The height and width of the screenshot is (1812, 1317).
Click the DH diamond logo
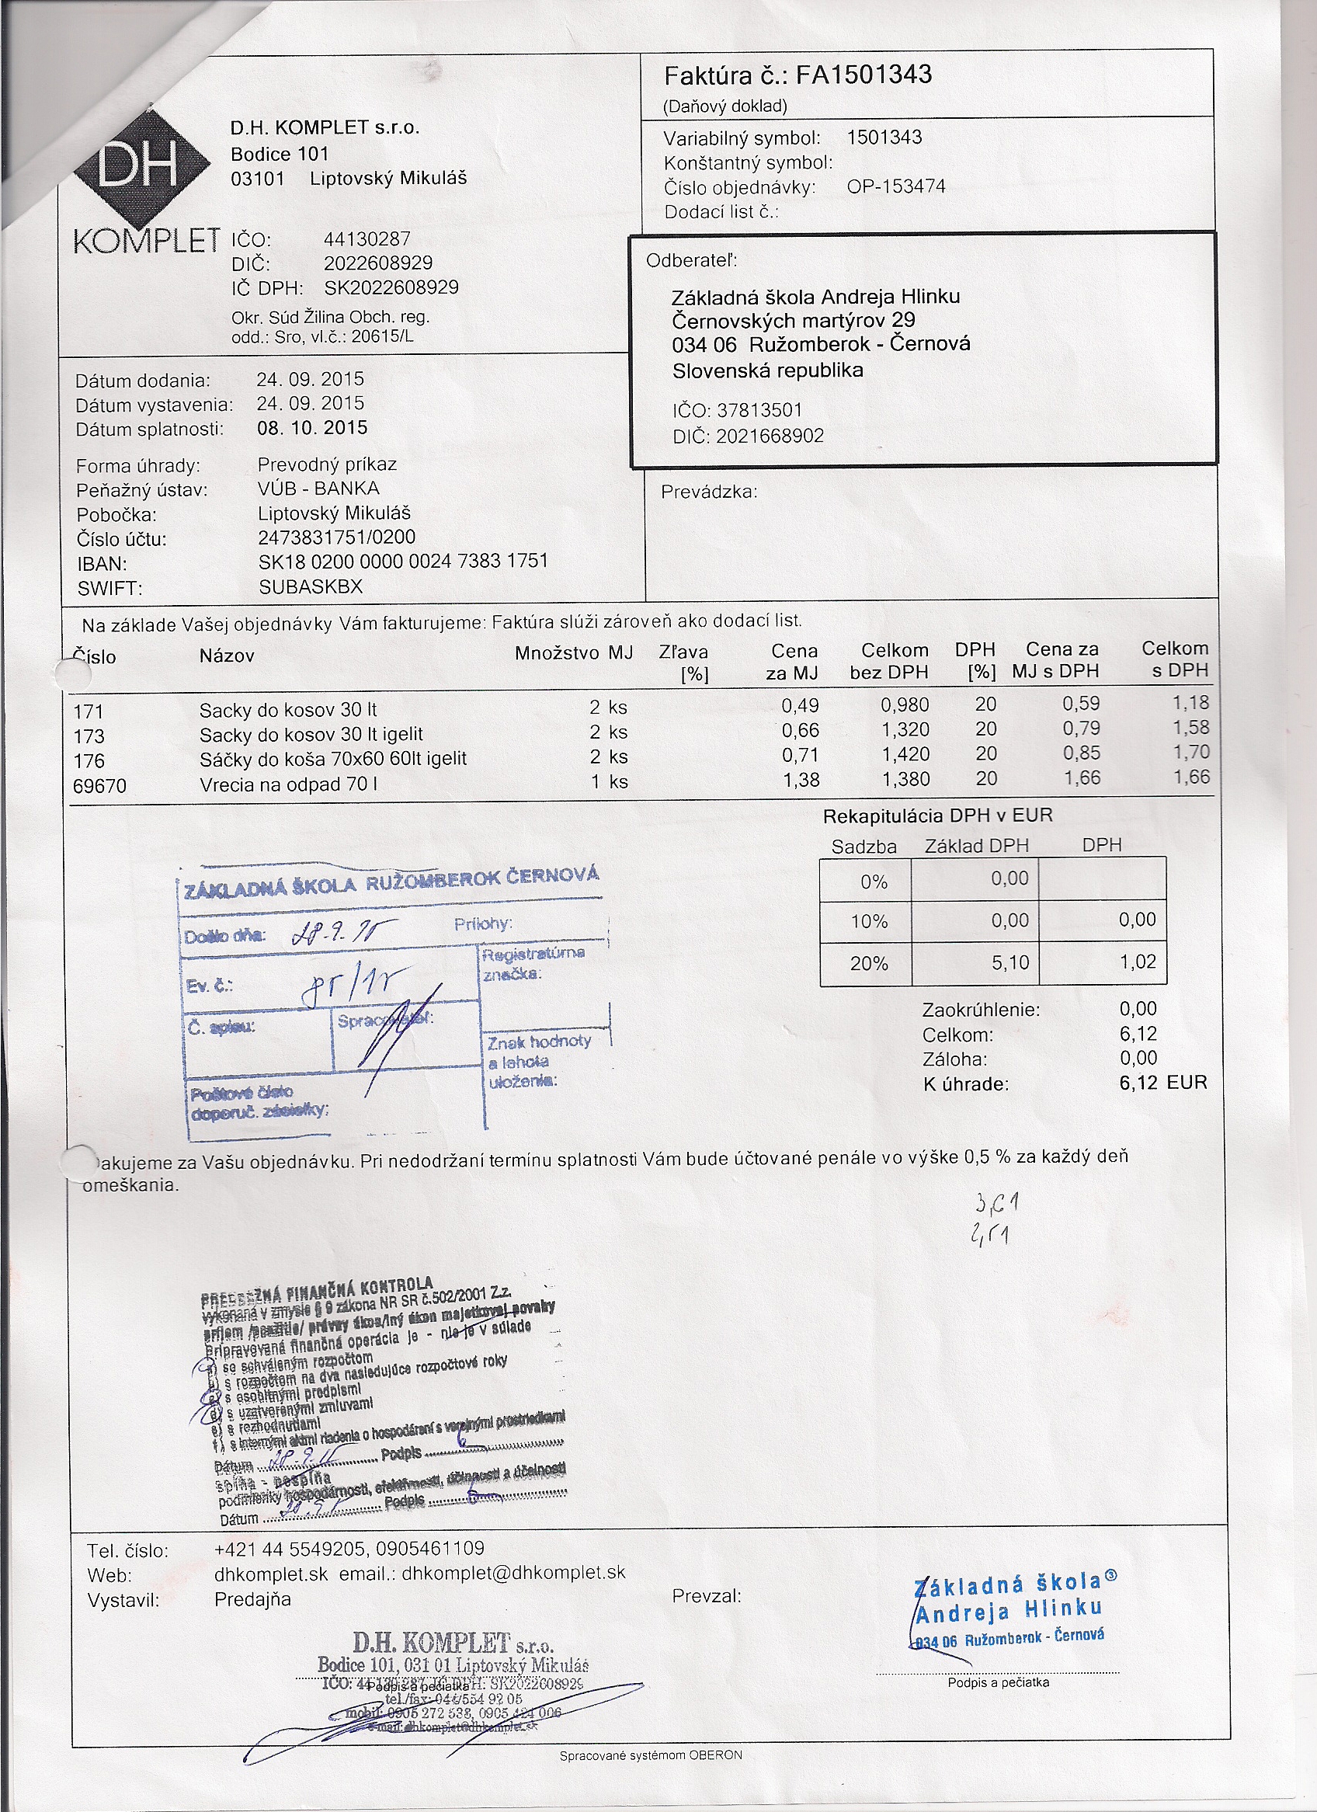pos(137,167)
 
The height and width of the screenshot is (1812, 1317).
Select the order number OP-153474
pos(896,187)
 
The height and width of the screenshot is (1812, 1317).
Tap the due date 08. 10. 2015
pos(312,428)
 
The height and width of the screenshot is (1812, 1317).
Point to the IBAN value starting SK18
pos(403,562)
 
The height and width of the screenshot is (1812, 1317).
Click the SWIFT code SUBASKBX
pos(311,587)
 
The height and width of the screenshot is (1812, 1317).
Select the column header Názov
pos(227,657)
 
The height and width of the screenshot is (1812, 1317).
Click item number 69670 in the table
pos(99,786)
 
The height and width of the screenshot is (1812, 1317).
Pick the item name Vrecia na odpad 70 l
pos(288,784)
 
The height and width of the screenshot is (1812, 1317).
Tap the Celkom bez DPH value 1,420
pos(905,754)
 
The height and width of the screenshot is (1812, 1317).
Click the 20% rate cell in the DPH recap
pos(868,965)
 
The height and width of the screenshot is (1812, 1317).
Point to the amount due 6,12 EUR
pos(1162,1083)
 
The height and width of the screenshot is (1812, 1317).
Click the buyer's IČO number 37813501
pos(759,411)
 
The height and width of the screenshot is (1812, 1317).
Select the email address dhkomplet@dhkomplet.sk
pos(513,1574)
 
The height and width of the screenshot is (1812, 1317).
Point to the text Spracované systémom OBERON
pos(651,1756)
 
